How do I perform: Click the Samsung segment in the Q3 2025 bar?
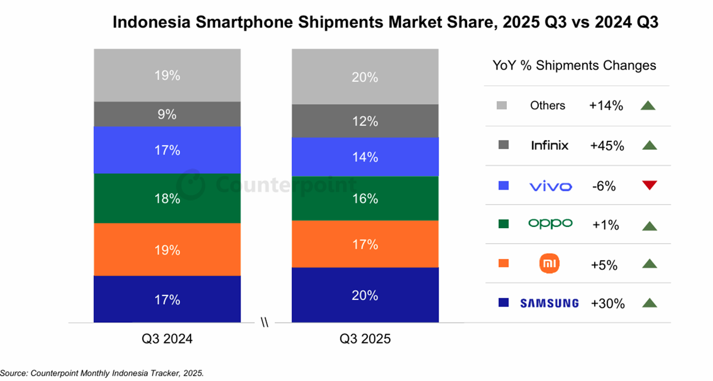pyautogui.click(x=365, y=295)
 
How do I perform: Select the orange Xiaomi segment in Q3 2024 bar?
pyautogui.click(x=167, y=250)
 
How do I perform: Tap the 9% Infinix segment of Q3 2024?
pyautogui.click(x=167, y=114)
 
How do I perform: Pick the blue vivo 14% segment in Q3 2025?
pyautogui.click(x=365, y=157)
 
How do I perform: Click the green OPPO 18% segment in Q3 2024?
pyautogui.click(x=167, y=199)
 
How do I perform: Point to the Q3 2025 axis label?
pyautogui.click(x=365, y=339)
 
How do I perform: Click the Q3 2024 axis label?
pyautogui.click(x=167, y=339)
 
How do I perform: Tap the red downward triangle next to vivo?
pyautogui.click(x=649, y=186)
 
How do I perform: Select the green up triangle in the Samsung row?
pyautogui.click(x=649, y=303)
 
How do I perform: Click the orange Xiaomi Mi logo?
pyautogui.click(x=550, y=264)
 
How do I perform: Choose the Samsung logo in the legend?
pyautogui.click(x=549, y=303)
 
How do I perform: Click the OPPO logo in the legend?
pyautogui.click(x=550, y=223)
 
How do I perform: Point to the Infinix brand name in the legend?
pyautogui.click(x=550, y=145)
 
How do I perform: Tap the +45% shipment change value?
pyautogui.click(x=606, y=146)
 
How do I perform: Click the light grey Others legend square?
pyautogui.click(x=501, y=106)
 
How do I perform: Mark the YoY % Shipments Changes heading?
pyautogui.click(x=575, y=65)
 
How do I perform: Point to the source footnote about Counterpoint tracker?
pyautogui.click(x=102, y=373)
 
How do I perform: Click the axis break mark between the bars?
pyautogui.click(x=265, y=323)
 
